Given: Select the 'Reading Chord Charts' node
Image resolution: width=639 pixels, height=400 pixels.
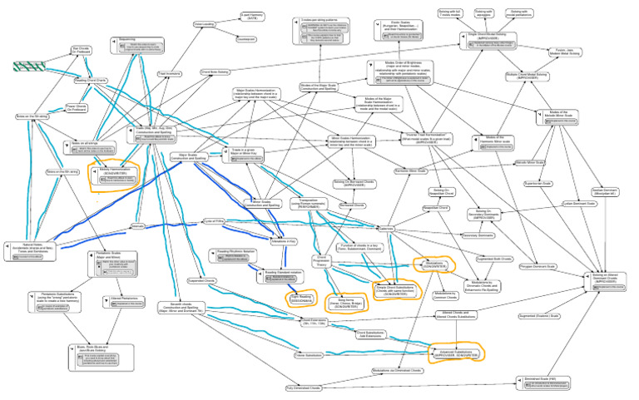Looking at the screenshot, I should click(x=91, y=80).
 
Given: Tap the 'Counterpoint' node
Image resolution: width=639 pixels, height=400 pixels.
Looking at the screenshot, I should click(x=245, y=38).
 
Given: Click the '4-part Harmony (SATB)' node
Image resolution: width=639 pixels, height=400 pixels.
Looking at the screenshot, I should click(x=252, y=16).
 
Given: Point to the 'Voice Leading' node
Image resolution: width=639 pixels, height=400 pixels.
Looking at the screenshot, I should click(x=205, y=25).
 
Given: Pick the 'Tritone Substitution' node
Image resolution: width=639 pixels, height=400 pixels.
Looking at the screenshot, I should click(x=285, y=353).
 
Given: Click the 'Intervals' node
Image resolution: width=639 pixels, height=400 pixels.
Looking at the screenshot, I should click(x=139, y=225).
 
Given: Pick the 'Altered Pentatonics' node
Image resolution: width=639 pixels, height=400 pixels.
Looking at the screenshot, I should click(x=124, y=297).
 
